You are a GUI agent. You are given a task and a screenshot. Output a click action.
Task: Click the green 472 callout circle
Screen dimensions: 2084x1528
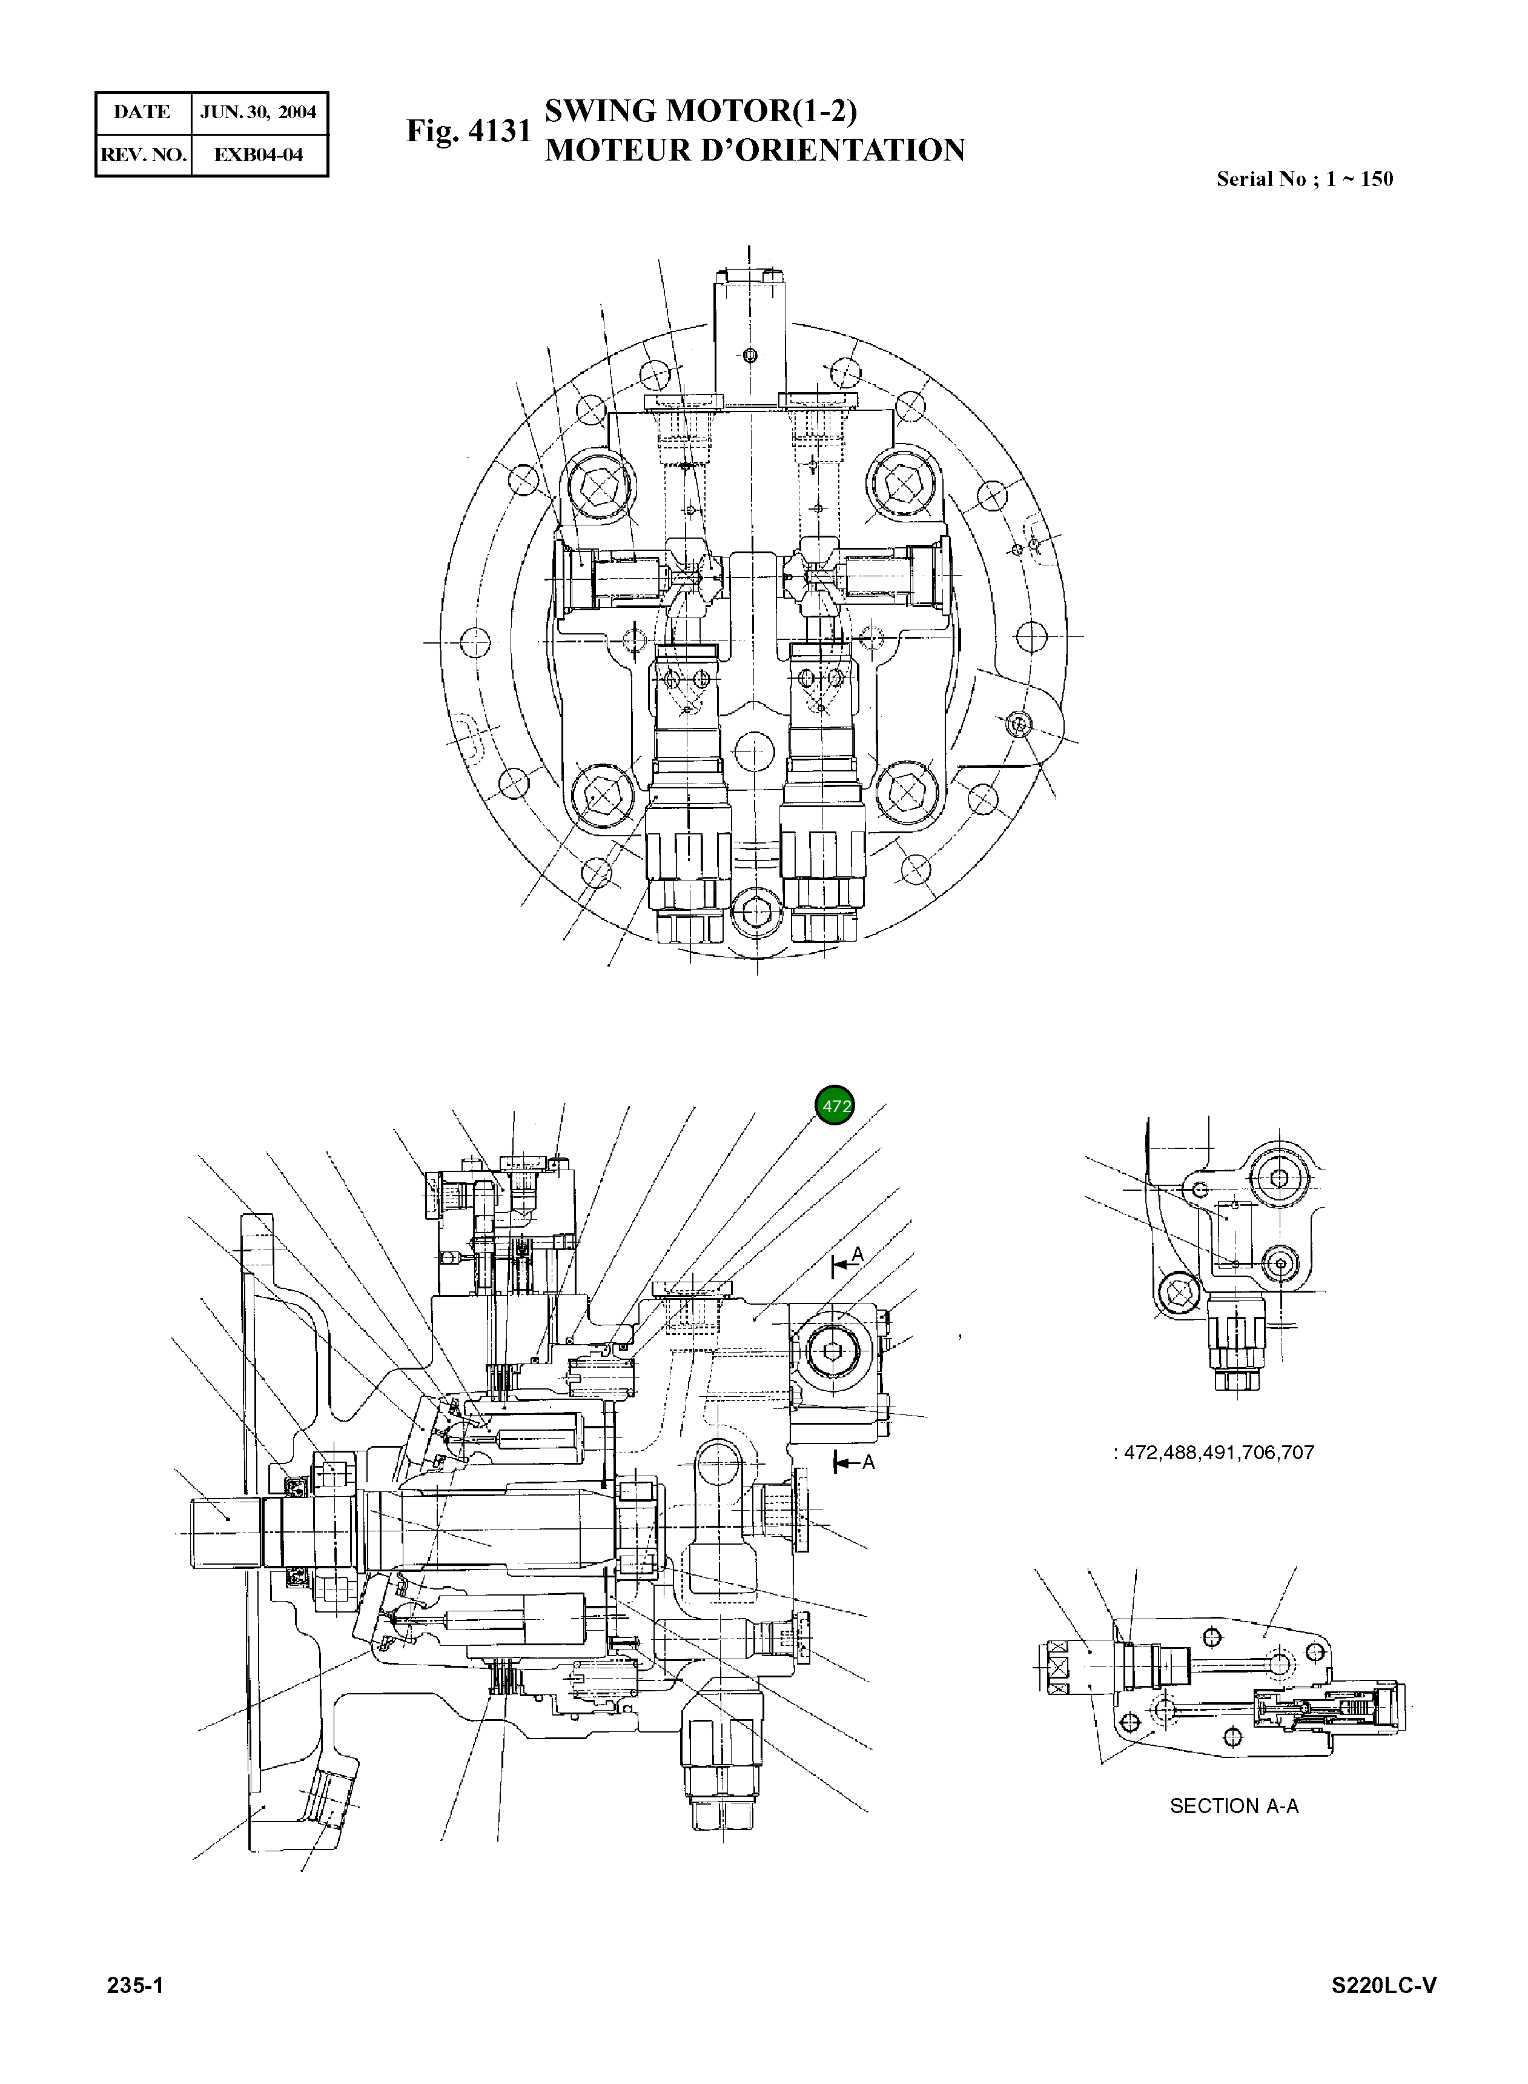point(835,1106)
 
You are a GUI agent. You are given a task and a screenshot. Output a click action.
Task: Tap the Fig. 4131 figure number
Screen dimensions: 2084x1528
point(468,131)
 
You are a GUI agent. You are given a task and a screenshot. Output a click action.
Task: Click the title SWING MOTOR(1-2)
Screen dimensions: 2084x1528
point(700,111)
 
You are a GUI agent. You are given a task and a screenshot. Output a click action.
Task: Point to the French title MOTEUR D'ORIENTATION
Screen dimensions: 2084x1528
point(754,150)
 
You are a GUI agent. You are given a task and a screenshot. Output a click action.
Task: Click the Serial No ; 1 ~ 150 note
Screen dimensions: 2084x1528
point(1304,179)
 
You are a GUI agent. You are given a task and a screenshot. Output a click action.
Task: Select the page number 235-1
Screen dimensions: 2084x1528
point(135,1986)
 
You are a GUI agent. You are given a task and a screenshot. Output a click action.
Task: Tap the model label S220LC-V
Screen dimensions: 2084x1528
point(1384,1986)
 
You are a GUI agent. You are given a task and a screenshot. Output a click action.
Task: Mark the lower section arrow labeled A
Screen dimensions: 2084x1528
point(853,1462)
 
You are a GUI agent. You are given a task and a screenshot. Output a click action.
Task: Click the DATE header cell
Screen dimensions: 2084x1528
point(142,113)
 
